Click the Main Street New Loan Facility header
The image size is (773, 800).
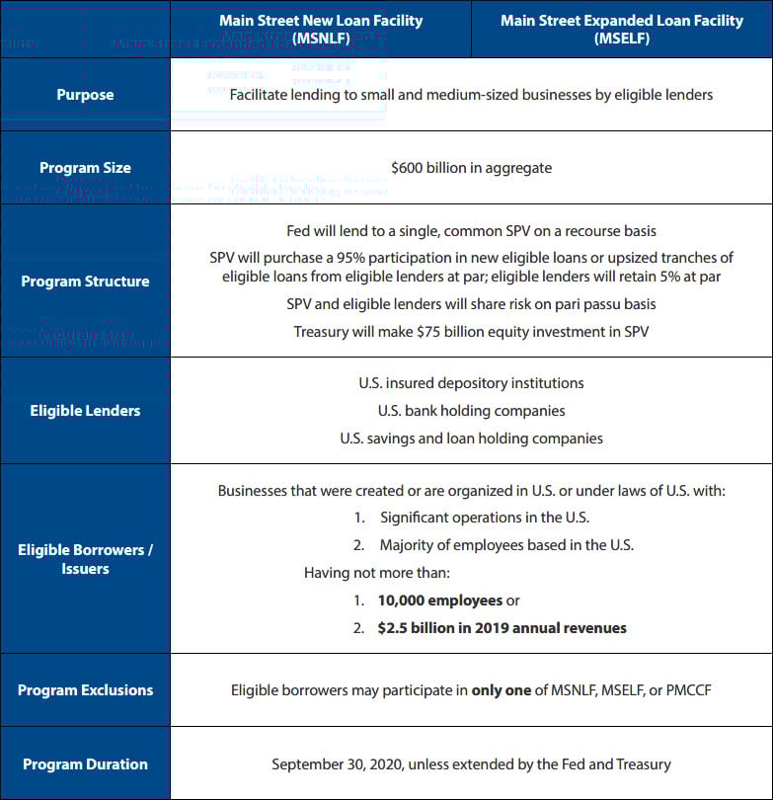point(321,29)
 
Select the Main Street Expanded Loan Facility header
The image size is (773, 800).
point(622,29)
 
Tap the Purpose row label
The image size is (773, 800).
point(85,95)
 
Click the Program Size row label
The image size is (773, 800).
point(85,168)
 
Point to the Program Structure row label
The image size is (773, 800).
point(85,281)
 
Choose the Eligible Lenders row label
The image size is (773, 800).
point(85,411)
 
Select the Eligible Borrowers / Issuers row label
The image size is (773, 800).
point(85,559)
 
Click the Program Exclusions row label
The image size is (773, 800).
point(85,690)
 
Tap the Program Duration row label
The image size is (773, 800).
point(85,764)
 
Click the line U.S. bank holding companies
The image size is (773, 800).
point(471,411)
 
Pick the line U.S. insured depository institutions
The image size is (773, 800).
point(471,383)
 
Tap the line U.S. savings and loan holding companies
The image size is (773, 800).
point(471,439)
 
